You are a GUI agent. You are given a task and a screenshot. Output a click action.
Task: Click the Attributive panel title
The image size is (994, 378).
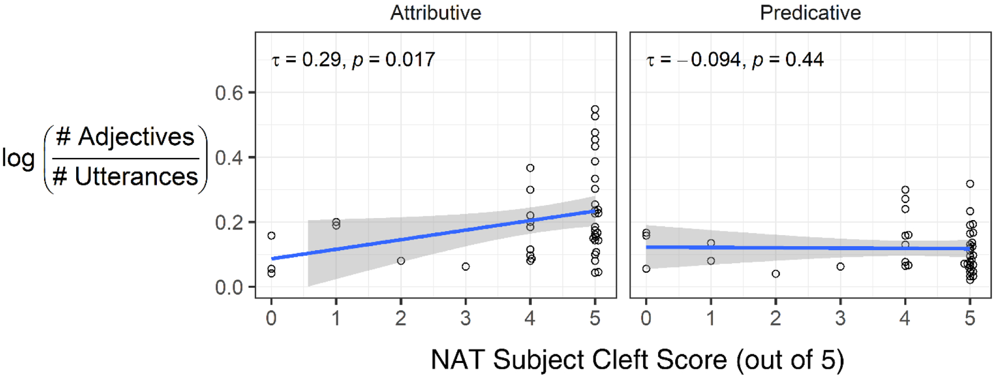(x=435, y=13)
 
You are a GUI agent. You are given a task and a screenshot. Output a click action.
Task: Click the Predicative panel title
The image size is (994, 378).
(x=810, y=13)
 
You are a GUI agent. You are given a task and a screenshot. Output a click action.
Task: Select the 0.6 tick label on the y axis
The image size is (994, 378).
(x=229, y=93)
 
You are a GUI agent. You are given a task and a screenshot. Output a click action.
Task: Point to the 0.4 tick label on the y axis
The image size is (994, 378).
(x=229, y=158)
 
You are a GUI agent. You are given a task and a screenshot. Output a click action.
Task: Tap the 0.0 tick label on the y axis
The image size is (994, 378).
(x=229, y=287)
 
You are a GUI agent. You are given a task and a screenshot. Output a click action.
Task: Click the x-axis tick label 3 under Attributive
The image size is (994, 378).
(x=465, y=318)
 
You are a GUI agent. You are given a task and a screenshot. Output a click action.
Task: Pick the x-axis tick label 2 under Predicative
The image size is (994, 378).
(x=775, y=318)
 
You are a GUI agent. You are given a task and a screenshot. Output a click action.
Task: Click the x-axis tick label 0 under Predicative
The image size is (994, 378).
(x=646, y=318)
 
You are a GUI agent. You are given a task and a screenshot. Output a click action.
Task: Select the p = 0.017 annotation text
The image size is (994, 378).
(x=393, y=60)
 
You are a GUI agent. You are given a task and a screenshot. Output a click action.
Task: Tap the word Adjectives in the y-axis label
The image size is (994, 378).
(x=136, y=137)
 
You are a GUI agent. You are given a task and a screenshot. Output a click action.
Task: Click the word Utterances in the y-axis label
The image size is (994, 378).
(x=136, y=177)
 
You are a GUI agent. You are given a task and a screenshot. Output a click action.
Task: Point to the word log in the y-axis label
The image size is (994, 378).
(x=18, y=158)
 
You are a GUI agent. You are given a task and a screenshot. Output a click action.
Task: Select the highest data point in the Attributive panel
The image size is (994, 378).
(x=595, y=109)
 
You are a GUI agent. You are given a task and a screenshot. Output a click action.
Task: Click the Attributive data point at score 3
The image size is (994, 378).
(x=465, y=267)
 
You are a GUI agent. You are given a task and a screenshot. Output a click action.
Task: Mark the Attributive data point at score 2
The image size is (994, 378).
(x=401, y=261)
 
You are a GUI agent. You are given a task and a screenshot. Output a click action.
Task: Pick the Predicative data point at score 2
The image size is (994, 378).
(x=775, y=274)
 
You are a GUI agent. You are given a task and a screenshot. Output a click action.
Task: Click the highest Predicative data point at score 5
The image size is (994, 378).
(x=970, y=184)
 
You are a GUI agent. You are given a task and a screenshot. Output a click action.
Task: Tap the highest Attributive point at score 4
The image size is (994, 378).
(x=530, y=168)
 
